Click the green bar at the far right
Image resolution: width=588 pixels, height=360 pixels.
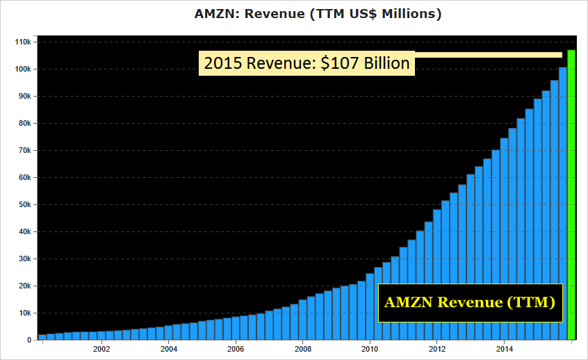[571, 195]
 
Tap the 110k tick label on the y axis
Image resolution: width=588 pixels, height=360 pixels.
[22, 42]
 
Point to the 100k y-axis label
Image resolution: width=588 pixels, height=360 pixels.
[22, 69]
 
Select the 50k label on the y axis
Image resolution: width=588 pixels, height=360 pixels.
[24, 204]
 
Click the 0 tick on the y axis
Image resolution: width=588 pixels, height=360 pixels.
[28, 340]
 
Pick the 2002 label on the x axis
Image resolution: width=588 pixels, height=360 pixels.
[101, 349]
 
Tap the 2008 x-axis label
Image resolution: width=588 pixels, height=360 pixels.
[302, 349]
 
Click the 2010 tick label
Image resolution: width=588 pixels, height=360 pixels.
[370, 349]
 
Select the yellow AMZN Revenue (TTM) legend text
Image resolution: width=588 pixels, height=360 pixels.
[470, 303]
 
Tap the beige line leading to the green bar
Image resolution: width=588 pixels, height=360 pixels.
[487, 55]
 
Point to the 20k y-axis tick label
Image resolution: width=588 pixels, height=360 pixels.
[24, 286]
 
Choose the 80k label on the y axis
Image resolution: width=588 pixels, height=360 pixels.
[24, 123]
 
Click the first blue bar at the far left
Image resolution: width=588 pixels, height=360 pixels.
[42, 337]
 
